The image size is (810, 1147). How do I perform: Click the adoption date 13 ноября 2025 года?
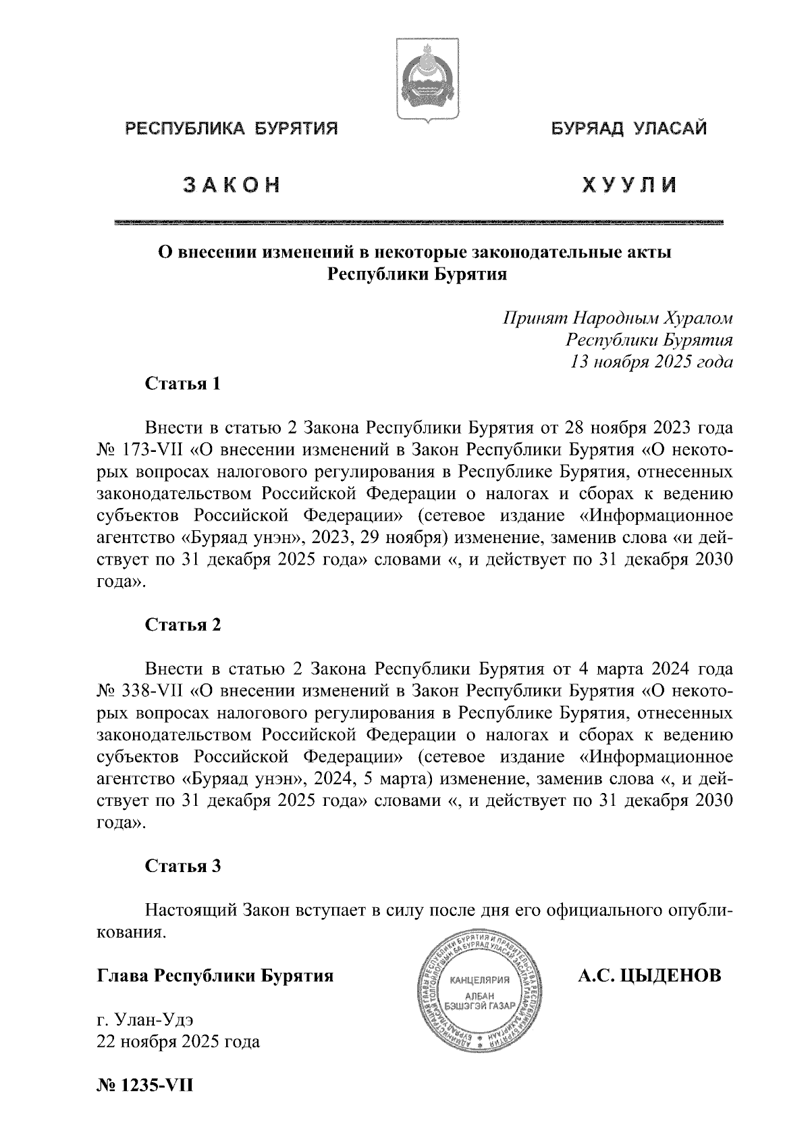(651, 361)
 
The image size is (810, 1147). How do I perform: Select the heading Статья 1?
(183, 384)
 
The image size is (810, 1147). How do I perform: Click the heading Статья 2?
(183, 625)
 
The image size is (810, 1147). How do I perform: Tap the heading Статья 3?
(183, 866)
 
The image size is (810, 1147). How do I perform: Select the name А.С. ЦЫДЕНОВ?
(649, 975)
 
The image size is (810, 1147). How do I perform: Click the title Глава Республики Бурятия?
(216, 976)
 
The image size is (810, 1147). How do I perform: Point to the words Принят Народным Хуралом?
(618, 317)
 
